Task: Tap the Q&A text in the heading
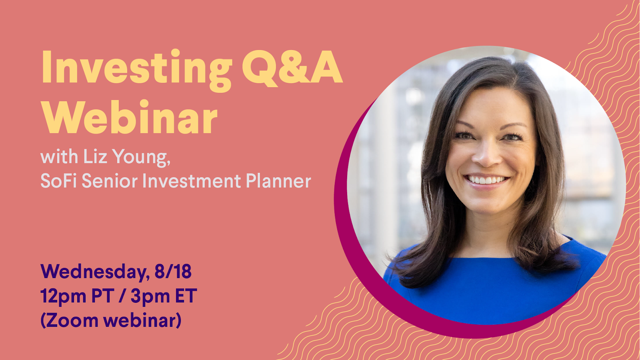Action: coord(292,68)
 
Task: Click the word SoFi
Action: coord(58,180)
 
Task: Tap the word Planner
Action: coord(278,180)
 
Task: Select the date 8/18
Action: coord(173,272)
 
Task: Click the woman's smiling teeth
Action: coord(486,180)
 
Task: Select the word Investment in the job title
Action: coord(192,180)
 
